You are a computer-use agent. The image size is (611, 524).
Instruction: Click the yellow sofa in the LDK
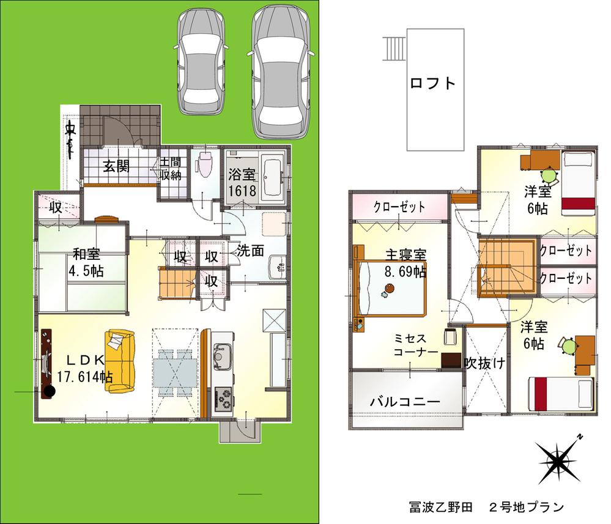[x=121, y=361]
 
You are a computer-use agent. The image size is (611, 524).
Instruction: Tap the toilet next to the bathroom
[x=204, y=164]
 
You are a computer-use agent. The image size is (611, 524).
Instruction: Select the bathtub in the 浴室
[x=272, y=176]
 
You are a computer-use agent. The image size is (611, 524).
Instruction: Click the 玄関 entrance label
[x=115, y=166]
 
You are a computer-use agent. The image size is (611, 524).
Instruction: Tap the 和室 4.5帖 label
[x=86, y=262]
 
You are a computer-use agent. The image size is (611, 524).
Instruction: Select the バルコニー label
[x=404, y=403]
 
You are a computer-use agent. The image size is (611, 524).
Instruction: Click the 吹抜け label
[x=484, y=363]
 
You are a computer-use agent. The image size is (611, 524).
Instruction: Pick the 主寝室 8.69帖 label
[x=405, y=263]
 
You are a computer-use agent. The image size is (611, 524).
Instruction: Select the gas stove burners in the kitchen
[x=223, y=399]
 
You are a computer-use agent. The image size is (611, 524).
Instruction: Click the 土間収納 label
[x=171, y=169]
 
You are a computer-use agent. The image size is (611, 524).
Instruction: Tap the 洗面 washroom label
[x=251, y=250]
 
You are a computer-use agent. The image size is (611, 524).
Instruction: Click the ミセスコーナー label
[x=415, y=345]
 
